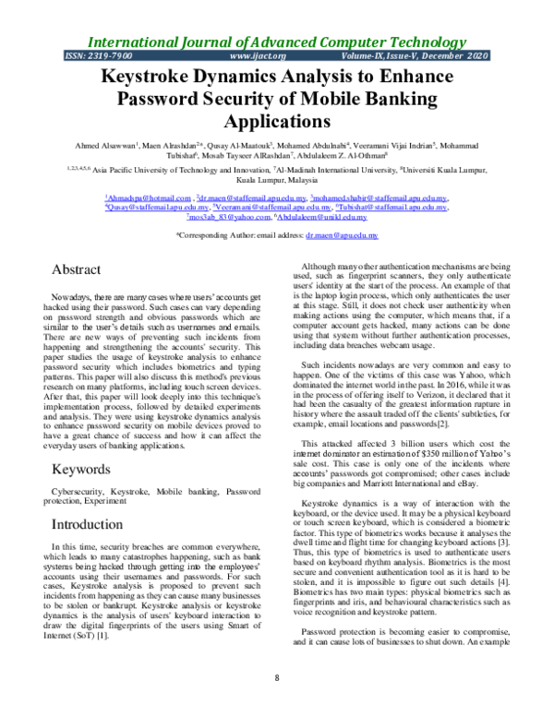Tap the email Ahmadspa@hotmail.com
point(140,198)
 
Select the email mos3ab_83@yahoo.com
point(219,217)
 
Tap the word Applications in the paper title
point(277,120)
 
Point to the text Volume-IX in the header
point(394,57)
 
